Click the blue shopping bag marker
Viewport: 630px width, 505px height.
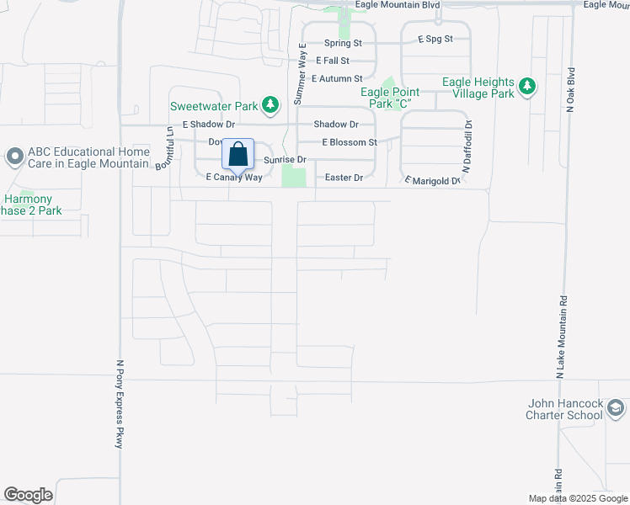point(238,155)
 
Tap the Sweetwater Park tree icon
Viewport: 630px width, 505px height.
point(270,105)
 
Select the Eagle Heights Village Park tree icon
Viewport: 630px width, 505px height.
point(527,86)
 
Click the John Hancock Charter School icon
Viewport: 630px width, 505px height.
point(616,409)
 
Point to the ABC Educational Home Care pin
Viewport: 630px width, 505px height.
point(14,157)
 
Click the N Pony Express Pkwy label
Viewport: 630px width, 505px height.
point(120,405)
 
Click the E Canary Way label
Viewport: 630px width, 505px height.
point(234,178)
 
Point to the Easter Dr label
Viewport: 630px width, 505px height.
point(344,178)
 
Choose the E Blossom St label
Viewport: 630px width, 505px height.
point(349,142)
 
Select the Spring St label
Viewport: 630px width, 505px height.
point(343,43)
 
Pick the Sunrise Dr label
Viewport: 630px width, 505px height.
point(284,159)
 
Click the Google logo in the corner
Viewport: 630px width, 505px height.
point(28,495)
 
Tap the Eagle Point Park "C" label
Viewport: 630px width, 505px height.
point(390,98)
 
